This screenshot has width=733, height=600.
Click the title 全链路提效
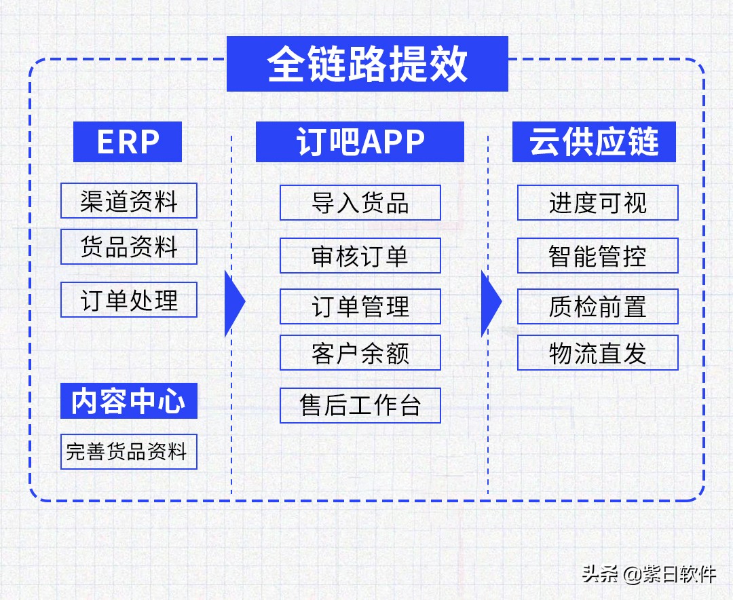tap(367, 64)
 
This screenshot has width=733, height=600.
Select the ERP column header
tap(128, 142)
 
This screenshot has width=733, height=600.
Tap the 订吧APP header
tap(360, 142)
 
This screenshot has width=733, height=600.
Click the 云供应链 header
tap(594, 142)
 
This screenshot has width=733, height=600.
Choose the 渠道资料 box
tap(129, 201)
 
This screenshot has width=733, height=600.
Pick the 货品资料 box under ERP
tap(129, 247)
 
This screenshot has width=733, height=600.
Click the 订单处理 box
tap(129, 300)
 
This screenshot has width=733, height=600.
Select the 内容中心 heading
tap(129, 401)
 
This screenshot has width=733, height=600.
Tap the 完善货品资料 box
tap(129, 452)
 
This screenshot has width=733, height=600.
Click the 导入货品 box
tap(360, 203)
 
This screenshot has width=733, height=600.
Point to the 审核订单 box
tap(360, 256)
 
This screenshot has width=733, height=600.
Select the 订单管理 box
tap(360, 307)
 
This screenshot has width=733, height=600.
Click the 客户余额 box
tap(360, 353)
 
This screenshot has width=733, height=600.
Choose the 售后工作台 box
tap(360, 406)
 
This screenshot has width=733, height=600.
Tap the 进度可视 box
tap(598, 203)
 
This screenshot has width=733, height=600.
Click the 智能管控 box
tap(598, 256)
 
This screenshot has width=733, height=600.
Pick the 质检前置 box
tap(598, 307)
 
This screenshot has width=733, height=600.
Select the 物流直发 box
tap(598, 353)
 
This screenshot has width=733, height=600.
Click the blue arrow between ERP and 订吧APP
tap(233, 303)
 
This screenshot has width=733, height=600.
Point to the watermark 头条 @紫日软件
tap(649, 574)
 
